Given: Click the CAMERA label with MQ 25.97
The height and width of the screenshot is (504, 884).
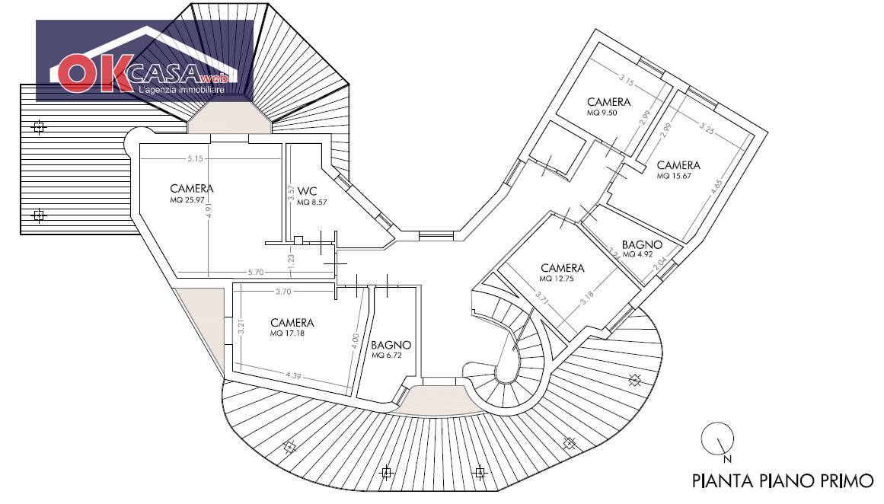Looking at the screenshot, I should (x=192, y=189).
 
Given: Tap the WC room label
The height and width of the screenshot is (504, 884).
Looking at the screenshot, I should (x=307, y=190).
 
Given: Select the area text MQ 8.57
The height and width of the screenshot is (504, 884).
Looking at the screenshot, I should (x=311, y=203).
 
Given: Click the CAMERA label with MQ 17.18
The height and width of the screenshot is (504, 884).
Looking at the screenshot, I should (x=292, y=323).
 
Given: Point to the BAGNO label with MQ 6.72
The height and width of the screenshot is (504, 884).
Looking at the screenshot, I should (x=391, y=344).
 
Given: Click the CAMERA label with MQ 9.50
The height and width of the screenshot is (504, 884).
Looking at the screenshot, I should (x=608, y=102).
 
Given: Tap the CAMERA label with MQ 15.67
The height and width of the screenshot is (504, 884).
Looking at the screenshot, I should (x=678, y=165).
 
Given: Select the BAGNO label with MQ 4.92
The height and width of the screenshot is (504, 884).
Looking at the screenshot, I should (x=642, y=244).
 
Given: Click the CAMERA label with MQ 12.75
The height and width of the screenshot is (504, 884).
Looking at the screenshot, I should (x=562, y=268).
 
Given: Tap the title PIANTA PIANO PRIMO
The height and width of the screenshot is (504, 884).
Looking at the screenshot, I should (x=782, y=481).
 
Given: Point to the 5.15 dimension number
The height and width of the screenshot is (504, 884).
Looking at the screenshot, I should (x=196, y=159).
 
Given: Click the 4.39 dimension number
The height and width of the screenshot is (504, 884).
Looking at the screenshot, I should (x=295, y=375).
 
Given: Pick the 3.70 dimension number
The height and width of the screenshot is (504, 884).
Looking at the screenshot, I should (x=283, y=291).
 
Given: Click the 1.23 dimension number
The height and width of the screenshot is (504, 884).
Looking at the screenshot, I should (x=292, y=259).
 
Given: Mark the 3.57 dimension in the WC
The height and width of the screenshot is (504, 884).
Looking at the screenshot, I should (x=291, y=194).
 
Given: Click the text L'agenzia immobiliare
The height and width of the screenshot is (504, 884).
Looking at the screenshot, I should (x=181, y=91).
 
